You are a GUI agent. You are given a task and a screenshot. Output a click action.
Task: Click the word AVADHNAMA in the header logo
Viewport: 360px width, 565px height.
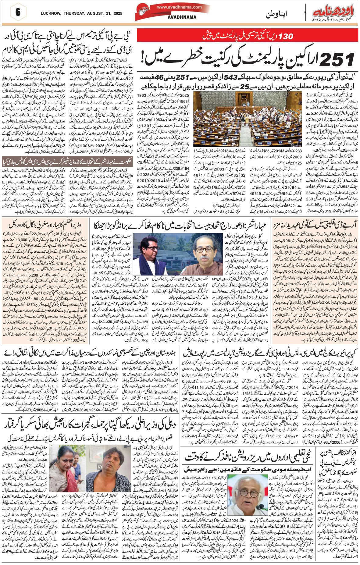click(182, 17)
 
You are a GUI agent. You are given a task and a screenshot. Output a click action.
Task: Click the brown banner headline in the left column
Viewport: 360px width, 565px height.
click(67, 161)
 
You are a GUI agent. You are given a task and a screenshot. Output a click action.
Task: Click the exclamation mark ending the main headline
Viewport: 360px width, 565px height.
click(144, 58)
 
